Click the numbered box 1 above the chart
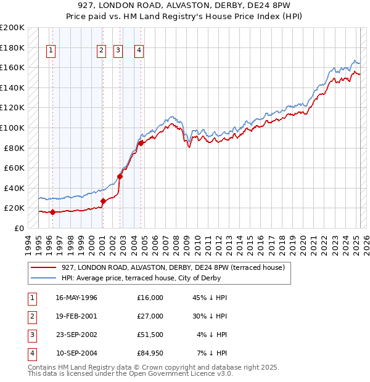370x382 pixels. (50, 51)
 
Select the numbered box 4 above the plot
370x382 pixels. (139, 51)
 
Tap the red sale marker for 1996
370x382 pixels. (52, 213)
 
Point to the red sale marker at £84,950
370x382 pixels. (141, 143)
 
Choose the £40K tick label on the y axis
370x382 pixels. (14, 188)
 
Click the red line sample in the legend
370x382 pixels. (44, 267)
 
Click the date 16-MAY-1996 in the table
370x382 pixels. (76, 298)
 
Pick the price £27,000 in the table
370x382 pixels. (150, 316)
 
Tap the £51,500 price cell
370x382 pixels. (150, 335)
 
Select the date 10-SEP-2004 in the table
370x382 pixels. (76, 353)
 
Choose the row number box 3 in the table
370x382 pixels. (30, 335)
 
